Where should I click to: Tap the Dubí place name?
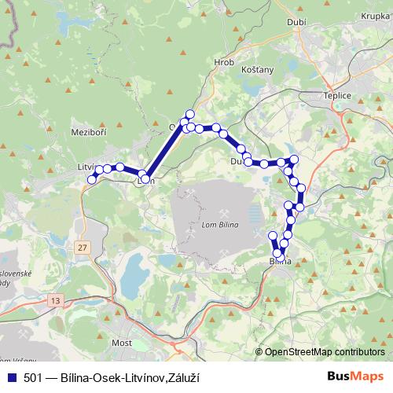pyautogui.click(x=296, y=45)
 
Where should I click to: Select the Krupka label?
pyautogui.click(x=374, y=16)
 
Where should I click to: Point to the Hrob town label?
pyautogui.click(x=224, y=61)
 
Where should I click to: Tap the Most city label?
pyautogui.click(x=121, y=343)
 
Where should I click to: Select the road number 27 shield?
pyautogui.click(x=83, y=248)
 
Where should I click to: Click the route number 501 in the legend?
pyautogui.click(x=34, y=378)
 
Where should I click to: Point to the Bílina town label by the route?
pyautogui.click(x=280, y=261)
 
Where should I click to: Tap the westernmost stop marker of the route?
pyautogui.click(x=91, y=179)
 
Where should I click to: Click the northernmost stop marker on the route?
pyautogui.click(x=189, y=114)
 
